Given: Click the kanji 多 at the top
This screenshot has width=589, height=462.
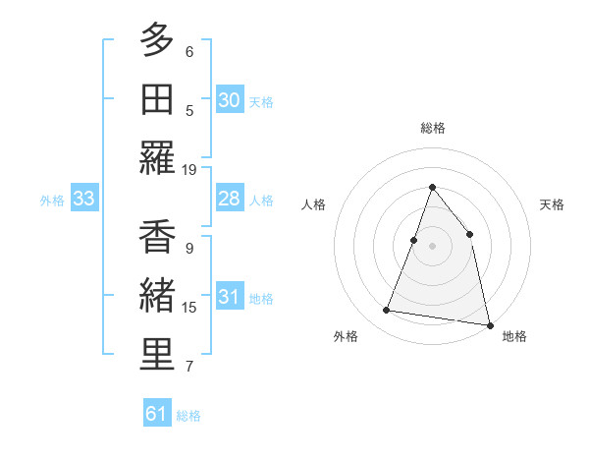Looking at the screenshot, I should coord(157,41).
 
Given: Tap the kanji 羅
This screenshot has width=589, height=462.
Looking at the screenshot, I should coord(157,157).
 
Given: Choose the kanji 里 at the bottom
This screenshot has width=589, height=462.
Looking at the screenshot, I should coord(157,355).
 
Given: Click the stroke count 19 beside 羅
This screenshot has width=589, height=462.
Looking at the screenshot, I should coord(189,169).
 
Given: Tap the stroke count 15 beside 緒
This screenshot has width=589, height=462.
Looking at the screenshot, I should coord(189,308).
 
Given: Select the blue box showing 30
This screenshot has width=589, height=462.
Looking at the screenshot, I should coord(229,100).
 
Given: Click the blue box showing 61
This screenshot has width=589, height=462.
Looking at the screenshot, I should coord(157,414).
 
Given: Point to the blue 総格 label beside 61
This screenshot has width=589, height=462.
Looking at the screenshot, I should coord(188,416).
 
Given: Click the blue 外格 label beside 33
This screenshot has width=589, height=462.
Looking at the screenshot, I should coord(52,201).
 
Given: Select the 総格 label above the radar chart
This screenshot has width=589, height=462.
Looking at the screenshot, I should coord(432,128).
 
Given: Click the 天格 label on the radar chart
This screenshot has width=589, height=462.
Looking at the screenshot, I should coord(552,204).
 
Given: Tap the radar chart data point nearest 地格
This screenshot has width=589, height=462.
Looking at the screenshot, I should coord(489,323).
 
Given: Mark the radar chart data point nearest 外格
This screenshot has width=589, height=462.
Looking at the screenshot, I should coord(387,311).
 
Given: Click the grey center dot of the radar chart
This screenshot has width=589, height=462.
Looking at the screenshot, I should coord(432,246).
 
